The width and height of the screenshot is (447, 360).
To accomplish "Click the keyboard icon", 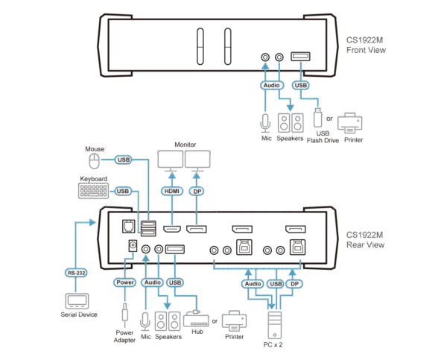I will [92, 191].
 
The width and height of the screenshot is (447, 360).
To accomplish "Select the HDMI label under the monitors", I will [171, 192].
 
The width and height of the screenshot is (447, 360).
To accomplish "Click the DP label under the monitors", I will [198, 192].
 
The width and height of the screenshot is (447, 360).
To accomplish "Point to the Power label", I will [124, 283].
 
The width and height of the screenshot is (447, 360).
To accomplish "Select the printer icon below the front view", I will [351, 122].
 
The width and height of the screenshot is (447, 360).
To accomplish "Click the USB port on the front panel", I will [299, 57].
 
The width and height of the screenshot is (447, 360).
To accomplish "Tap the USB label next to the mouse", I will [124, 159].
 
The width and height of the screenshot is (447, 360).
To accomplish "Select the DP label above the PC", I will [295, 283].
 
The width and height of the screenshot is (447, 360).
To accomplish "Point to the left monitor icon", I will [171, 160].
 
